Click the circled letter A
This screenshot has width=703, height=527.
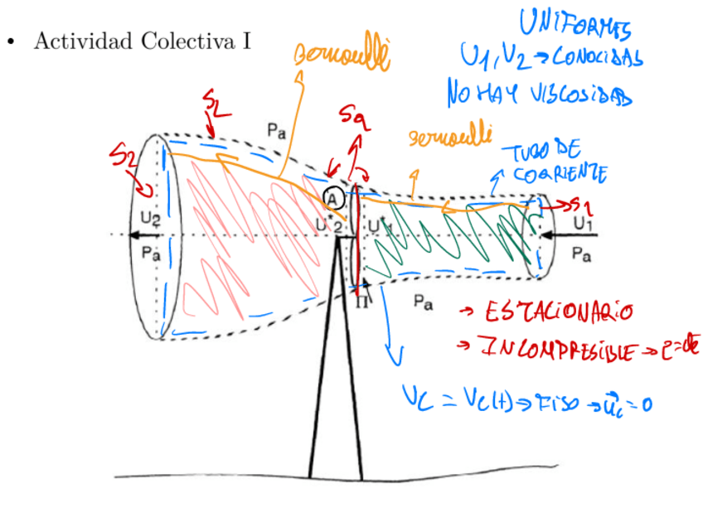(332, 199)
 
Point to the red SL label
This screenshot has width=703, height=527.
(215, 107)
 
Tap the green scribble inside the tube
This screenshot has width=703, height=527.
(448, 240)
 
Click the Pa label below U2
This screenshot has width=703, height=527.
(150, 254)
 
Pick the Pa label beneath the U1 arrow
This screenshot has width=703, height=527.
(582, 256)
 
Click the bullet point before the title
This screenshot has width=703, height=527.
(12, 41)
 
